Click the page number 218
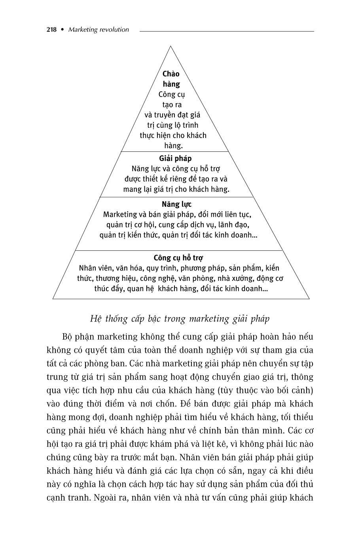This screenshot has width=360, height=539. tap(51, 30)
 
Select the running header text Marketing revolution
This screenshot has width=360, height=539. tap(99, 30)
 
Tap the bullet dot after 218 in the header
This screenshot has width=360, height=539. tap(62, 30)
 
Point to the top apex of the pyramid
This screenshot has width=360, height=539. tap(171, 46)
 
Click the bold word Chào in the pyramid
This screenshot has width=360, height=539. tap(171, 74)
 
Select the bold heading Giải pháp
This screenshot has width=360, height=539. tap(175, 159)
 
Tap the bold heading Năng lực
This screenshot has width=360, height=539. tap(176, 204)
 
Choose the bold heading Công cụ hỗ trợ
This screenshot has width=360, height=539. tap(178, 258)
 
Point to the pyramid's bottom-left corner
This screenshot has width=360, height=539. tap(53, 299)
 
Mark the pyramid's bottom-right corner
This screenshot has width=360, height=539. tap(309, 299)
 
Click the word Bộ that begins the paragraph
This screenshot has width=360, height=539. tap(68, 337)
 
